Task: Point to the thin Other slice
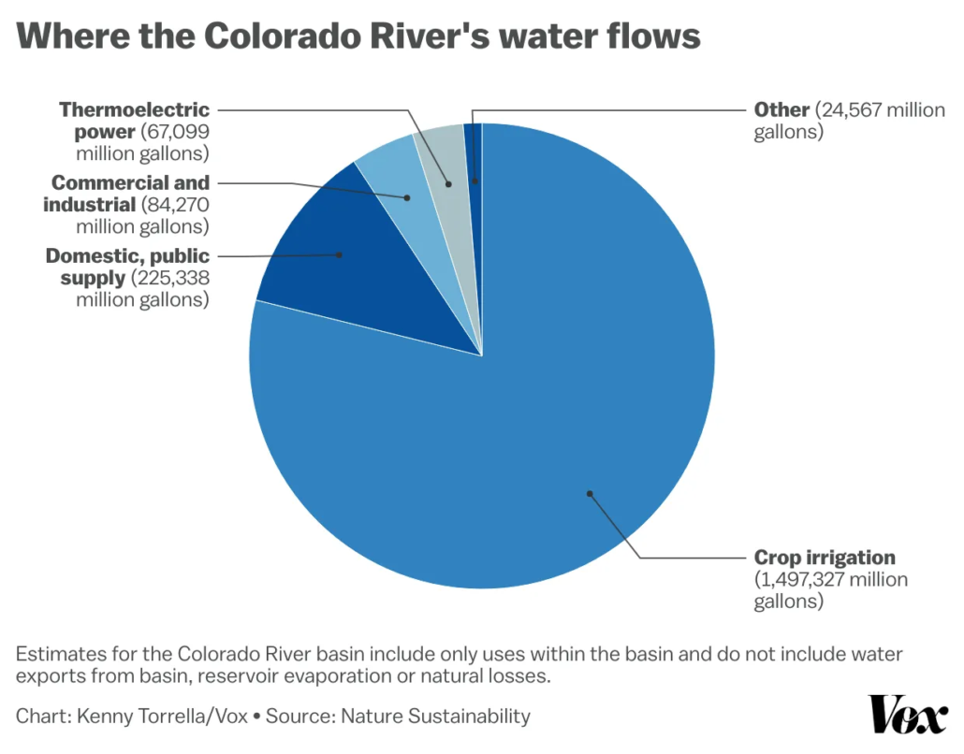pos(474,150)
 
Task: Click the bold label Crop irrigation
pos(825,558)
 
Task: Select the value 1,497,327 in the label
pos(797,580)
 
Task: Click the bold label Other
pos(781,109)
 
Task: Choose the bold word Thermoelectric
pos(135,109)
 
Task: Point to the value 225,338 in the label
pos(170,278)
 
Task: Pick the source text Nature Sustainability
pos(435,717)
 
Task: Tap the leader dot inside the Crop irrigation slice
pos(590,493)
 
